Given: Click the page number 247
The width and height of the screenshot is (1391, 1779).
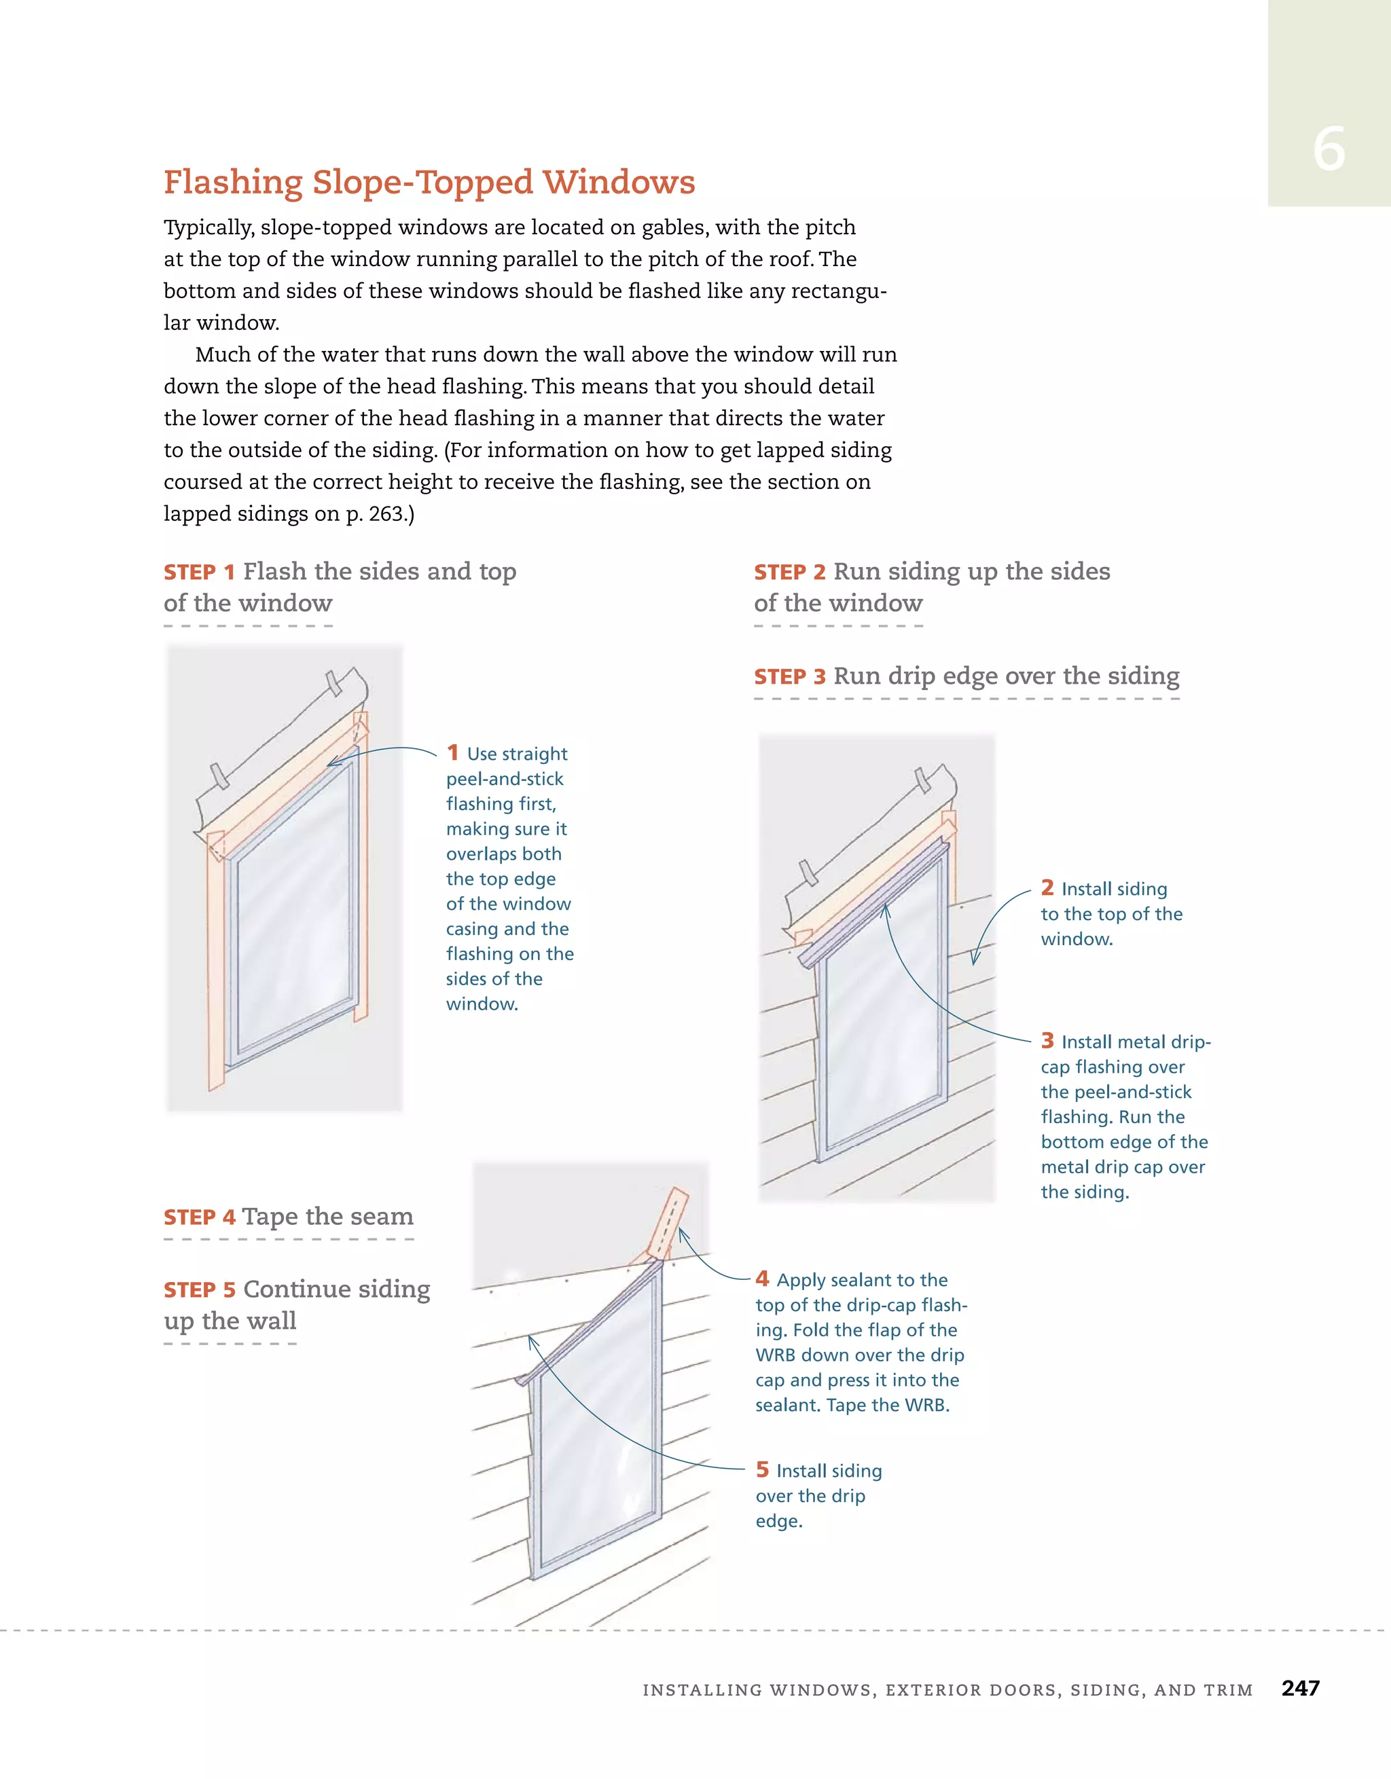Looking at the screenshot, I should click(x=1300, y=1688).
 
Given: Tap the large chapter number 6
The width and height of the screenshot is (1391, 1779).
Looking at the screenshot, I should click(x=1329, y=150).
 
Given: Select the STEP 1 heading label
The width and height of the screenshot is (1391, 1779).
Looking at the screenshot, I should click(x=200, y=572).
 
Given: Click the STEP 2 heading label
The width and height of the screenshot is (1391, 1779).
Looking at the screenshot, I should click(x=790, y=572).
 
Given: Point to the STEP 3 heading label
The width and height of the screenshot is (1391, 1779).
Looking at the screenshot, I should click(x=790, y=677).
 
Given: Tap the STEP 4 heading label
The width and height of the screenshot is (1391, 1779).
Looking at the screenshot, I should click(x=200, y=1217).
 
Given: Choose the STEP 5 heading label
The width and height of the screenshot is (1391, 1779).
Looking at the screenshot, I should click(x=200, y=1290).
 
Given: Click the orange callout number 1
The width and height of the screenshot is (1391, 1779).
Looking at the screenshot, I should click(x=453, y=752).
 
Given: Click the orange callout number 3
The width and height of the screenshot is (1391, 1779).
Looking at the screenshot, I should click(x=1047, y=1040).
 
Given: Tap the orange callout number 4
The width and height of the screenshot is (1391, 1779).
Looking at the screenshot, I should click(x=762, y=1278).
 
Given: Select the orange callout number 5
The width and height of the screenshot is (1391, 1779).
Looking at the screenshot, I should click(x=762, y=1469).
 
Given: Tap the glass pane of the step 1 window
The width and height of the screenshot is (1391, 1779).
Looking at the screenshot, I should click(x=293, y=921).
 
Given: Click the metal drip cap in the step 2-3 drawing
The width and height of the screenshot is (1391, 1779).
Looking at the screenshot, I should click(x=872, y=904).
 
